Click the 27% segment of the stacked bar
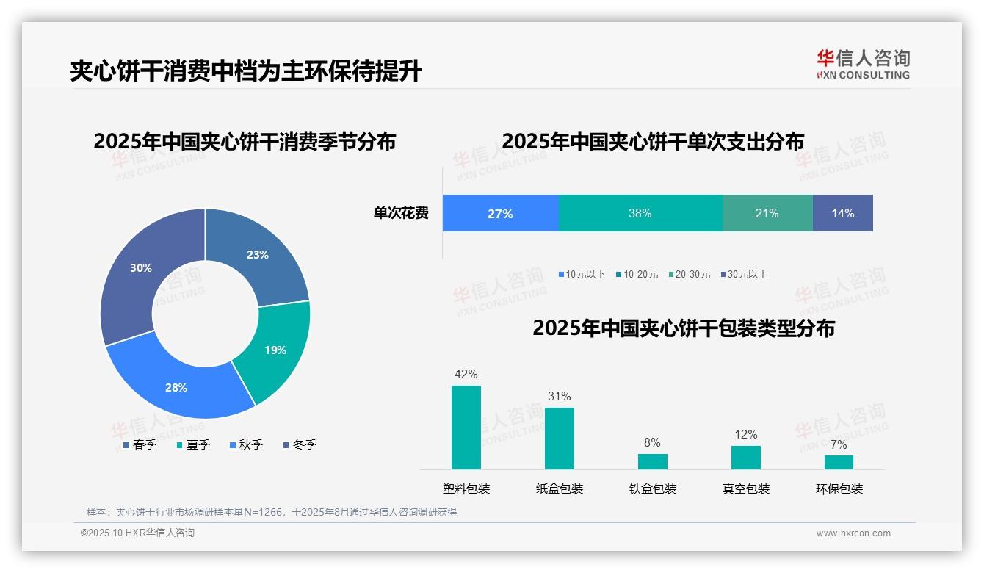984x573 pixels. (500, 214)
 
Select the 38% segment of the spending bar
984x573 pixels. (640, 214)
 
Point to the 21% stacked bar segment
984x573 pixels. (767, 214)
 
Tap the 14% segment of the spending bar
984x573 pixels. (843, 214)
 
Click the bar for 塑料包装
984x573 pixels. (466, 428)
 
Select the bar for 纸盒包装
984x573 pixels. (560, 439)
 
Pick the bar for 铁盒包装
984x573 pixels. (653, 461)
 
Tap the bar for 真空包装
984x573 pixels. (746, 457)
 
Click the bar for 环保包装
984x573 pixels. (839, 462)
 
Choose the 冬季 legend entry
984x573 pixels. (300, 445)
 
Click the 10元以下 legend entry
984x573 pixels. (582, 275)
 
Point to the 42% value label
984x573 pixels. (466, 374)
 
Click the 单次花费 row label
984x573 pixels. (401, 214)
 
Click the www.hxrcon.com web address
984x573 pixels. (853, 533)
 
